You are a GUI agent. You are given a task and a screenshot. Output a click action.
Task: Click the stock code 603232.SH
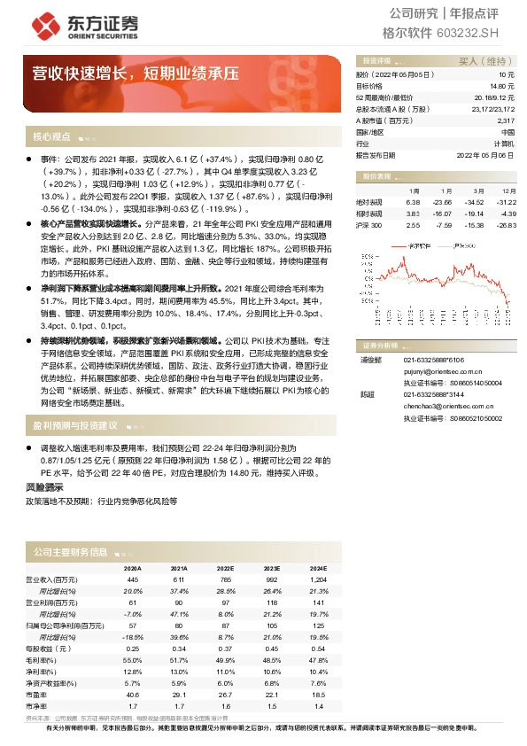pos(468,33)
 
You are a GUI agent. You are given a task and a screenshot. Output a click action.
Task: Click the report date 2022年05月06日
pos(487,154)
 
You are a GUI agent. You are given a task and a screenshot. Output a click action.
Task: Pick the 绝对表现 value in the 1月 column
pos(413,202)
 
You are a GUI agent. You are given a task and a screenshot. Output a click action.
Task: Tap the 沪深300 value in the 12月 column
pos(508,226)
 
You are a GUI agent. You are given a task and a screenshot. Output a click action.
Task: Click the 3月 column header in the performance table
pos(477,190)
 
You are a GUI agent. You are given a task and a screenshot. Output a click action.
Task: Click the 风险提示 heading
pos(45,487)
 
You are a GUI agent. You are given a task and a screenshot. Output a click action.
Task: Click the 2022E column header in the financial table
pos(225,568)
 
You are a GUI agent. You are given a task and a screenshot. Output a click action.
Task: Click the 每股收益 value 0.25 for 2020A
pos(133,649)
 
